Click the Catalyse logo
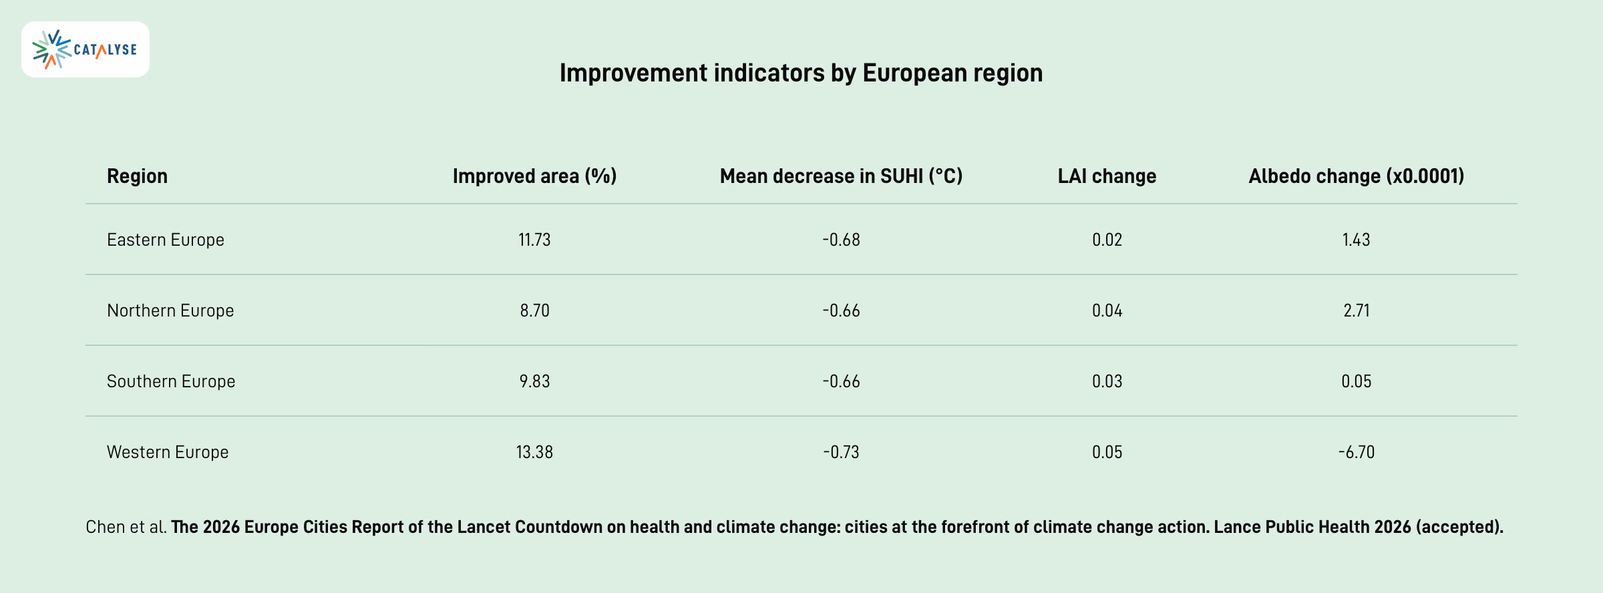pyautogui.click(x=85, y=49)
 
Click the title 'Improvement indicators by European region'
pyautogui.click(x=801, y=73)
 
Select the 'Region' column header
pyautogui.click(x=137, y=176)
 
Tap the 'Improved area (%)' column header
pyautogui.click(x=534, y=176)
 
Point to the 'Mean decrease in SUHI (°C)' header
pyautogui.click(x=841, y=176)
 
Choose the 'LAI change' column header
pyautogui.click(x=1107, y=176)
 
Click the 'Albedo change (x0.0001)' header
pyautogui.click(x=1357, y=176)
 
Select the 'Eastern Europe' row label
pyautogui.click(x=166, y=240)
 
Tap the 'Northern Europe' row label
pyautogui.click(x=170, y=311)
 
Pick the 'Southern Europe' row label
pyautogui.click(x=171, y=381)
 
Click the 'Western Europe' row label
pyautogui.click(x=168, y=452)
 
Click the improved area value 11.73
pyautogui.click(x=534, y=240)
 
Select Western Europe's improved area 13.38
pyautogui.click(x=534, y=452)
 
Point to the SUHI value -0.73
pyautogui.click(x=841, y=452)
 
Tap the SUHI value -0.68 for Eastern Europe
pyautogui.click(x=841, y=240)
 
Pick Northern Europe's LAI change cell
pyautogui.click(x=1107, y=311)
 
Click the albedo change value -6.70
pyautogui.click(x=1357, y=452)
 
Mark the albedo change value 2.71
pyautogui.click(x=1357, y=311)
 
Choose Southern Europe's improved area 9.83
pyautogui.click(x=534, y=381)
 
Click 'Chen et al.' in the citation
pyautogui.click(x=126, y=527)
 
